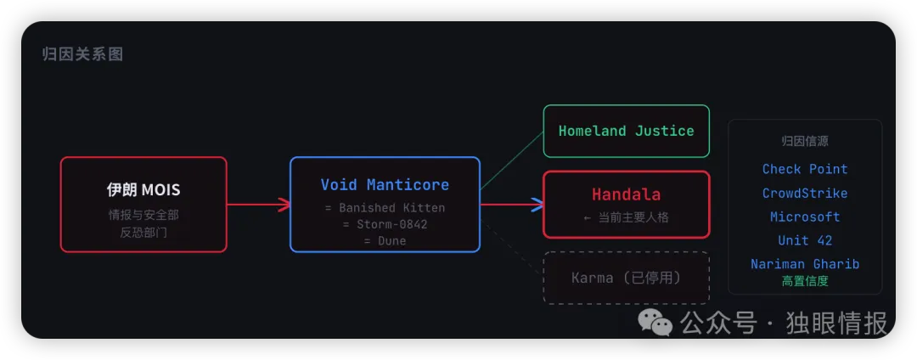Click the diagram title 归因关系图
point(82,54)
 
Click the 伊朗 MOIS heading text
point(143,189)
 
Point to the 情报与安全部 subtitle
point(143,215)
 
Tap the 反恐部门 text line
point(143,231)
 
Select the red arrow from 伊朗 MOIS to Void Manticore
point(258,205)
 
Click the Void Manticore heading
point(385,184)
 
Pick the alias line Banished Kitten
point(385,208)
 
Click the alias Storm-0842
point(385,224)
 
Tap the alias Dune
point(385,240)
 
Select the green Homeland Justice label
point(626,131)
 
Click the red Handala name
point(626,194)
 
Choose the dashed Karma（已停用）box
point(626,278)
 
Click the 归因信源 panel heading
point(804,142)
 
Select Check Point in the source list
point(804,169)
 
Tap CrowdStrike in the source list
point(804,193)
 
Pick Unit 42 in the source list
point(804,240)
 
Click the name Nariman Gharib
point(804,264)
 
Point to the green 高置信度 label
point(804,281)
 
